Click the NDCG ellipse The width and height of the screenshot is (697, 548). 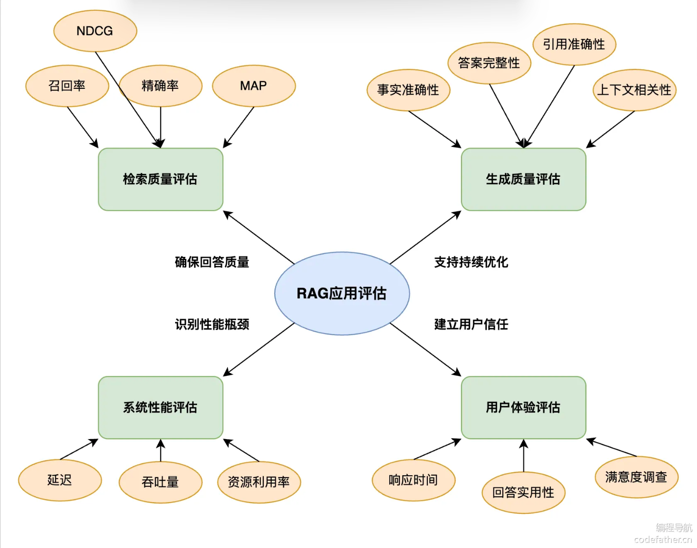tap(95, 31)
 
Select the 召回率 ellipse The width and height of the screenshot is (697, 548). tap(67, 86)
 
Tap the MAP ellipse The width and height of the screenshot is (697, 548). tap(254, 86)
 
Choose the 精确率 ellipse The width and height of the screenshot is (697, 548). tap(160, 86)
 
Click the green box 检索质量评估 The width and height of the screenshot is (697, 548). tap(160, 179)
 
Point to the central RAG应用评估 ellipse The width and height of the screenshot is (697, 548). tap(342, 294)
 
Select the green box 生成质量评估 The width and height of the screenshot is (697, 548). tap(523, 179)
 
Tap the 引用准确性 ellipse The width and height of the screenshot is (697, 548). tap(574, 44)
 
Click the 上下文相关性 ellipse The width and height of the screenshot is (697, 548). tap(634, 90)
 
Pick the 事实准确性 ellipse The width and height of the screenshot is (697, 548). tap(408, 90)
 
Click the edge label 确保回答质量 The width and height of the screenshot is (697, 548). tap(212, 262)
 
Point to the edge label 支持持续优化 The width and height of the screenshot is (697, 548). tap(471, 262)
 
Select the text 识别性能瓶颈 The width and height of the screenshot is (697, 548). tap(212, 324)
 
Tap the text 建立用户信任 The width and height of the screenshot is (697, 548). tap(471, 324)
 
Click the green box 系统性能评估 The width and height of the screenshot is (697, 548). tap(160, 407)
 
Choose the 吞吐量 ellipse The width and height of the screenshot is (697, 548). tap(160, 482)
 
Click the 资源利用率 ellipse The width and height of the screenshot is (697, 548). tap(259, 482)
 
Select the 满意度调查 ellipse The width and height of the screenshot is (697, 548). tap(637, 477)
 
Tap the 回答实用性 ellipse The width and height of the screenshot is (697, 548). tap(523, 492)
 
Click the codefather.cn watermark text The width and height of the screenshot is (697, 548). tap(663, 540)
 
